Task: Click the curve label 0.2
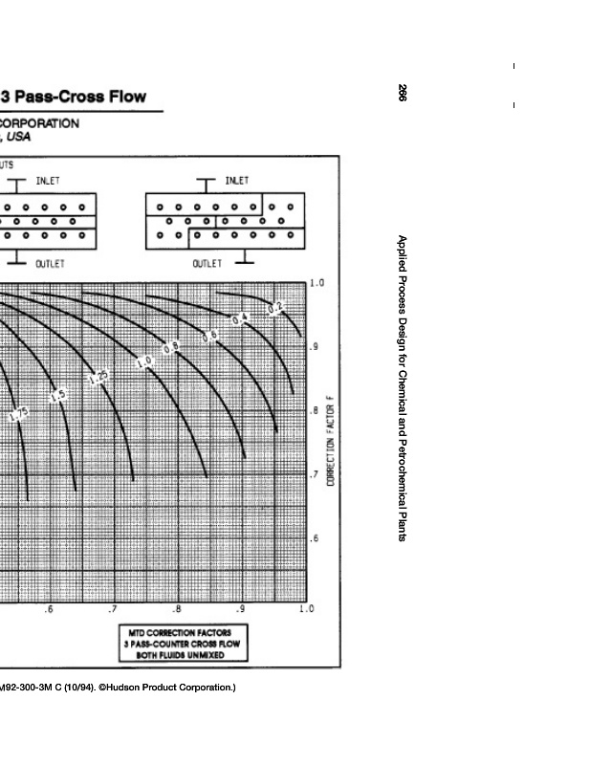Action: coord(274,307)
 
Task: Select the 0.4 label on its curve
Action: coord(241,317)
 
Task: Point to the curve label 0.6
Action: coord(210,335)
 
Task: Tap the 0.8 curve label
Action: coord(170,348)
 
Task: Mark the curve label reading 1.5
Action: coord(58,395)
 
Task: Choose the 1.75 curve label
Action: coord(19,415)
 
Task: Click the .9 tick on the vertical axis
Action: coord(314,347)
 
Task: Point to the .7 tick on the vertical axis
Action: coord(314,474)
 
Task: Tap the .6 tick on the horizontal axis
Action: coord(49,609)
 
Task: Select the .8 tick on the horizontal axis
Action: coord(176,609)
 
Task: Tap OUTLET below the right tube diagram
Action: coord(208,263)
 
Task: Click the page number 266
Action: coord(403,93)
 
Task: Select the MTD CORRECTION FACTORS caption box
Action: coord(181,644)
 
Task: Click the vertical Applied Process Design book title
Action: coord(403,388)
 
